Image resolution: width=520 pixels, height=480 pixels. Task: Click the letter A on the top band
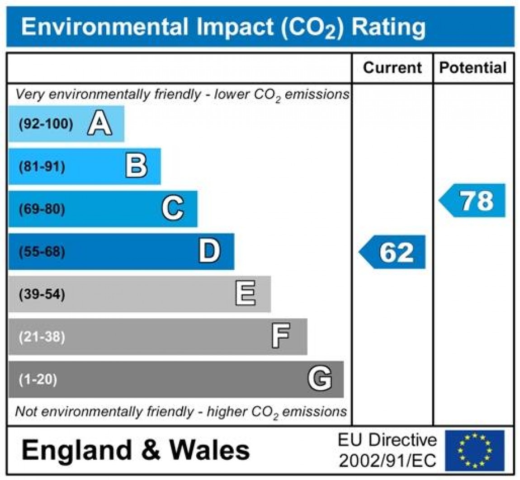pyautogui.click(x=99, y=124)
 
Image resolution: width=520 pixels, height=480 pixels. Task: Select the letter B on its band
pyautogui.click(x=136, y=166)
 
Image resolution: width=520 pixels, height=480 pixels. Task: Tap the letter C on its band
pyautogui.click(x=173, y=209)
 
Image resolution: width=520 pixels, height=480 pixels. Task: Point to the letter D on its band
pyautogui.click(x=209, y=251)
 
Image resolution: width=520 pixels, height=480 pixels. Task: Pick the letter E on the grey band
pyautogui.click(x=246, y=294)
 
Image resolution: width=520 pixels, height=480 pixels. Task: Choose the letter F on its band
pyautogui.click(x=280, y=337)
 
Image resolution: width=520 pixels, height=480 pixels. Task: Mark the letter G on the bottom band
pyautogui.click(x=320, y=379)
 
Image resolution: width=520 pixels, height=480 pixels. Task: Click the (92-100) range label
pyautogui.click(x=46, y=124)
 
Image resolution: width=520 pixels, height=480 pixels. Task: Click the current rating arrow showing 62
pyautogui.click(x=392, y=252)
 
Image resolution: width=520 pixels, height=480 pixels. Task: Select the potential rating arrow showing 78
pyautogui.click(x=473, y=201)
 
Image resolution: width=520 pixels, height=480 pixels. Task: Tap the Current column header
pyautogui.click(x=392, y=68)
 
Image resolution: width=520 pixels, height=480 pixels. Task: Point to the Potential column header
pyautogui.click(x=473, y=68)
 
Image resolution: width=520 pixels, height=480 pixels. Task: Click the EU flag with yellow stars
pyautogui.click(x=474, y=450)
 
